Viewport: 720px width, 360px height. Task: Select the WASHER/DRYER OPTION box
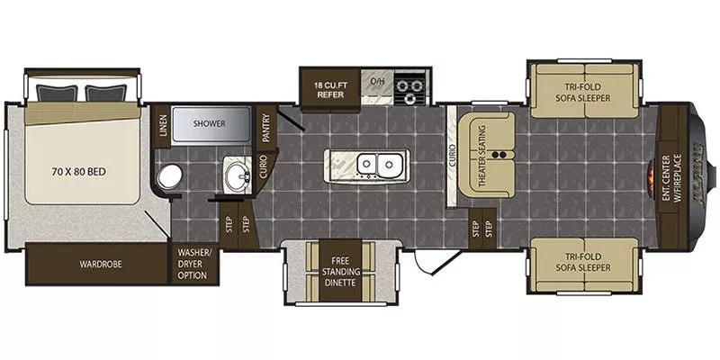(x=193, y=263)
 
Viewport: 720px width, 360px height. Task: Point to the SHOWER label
(x=210, y=123)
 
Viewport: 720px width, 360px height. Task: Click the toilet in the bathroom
(x=167, y=177)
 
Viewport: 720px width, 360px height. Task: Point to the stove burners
(x=410, y=89)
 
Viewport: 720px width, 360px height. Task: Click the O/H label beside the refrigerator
(x=379, y=83)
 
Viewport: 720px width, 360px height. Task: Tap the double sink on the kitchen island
(x=378, y=164)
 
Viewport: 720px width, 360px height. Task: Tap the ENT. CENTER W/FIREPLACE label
(x=671, y=175)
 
